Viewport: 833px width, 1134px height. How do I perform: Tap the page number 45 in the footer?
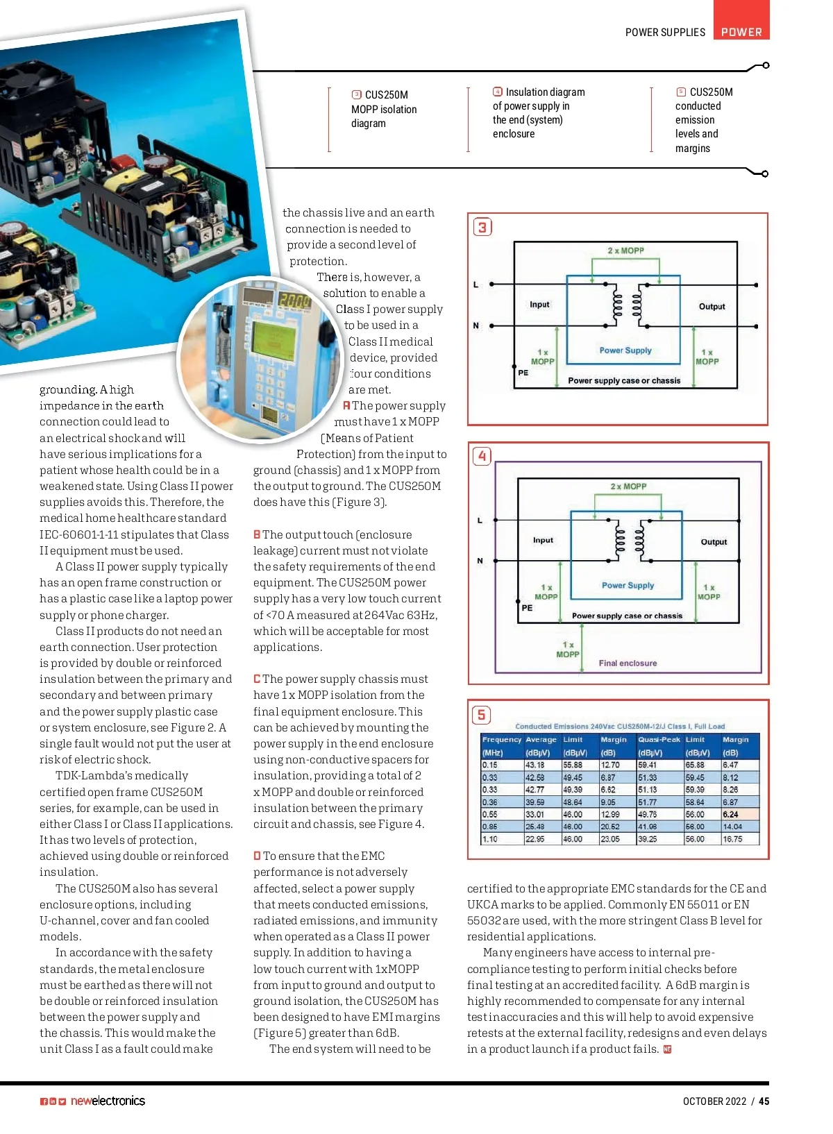click(x=764, y=1101)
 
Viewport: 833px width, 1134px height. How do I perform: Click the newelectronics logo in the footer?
click(x=108, y=1101)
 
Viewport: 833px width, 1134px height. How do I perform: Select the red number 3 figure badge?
click(x=482, y=227)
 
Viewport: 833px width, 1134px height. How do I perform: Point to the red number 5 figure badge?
click(x=482, y=715)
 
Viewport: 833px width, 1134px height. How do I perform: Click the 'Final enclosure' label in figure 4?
click(x=628, y=663)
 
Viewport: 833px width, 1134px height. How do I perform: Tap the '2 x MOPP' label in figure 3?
click(x=625, y=251)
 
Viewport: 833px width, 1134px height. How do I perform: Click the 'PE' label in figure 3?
click(x=523, y=373)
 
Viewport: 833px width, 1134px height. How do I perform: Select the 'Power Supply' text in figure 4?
click(x=628, y=585)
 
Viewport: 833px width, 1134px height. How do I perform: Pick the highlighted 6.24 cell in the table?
click(x=730, y=814)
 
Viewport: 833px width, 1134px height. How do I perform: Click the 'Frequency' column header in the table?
click(x=501, y=740)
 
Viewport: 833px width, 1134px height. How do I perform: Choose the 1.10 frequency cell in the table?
click(x=490, y=839)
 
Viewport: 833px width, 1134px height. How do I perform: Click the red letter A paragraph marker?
click(x=346, y=405)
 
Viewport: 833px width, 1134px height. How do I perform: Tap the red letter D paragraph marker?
click(x=257, y=856)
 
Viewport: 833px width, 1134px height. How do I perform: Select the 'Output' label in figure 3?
click(x=712, y=306)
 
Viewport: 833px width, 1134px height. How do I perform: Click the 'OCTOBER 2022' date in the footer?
click(x=714, y=1101)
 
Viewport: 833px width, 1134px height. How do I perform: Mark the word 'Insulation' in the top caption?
click(x=526, y=92)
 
